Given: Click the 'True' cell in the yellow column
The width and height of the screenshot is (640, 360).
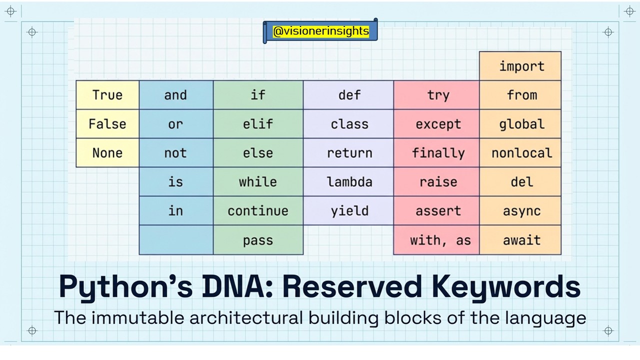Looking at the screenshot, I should pyautogui.click(x=107, y=95).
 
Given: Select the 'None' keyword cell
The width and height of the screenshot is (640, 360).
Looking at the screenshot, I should pyautogui.click(x=107, y=153).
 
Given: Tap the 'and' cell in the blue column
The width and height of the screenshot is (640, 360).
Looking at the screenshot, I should pyautogui.click(x=175, y=95).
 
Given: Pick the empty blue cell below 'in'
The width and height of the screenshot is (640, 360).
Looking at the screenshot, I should pyautogui.click(x=175, y=240).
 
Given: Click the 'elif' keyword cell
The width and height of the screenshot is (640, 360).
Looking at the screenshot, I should pyautogui.click(x=258, y=124).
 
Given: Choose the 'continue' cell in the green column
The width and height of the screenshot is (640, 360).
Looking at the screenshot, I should pyautogui.click(x=258, y=211).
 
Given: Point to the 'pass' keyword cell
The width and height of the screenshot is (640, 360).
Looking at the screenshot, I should pyautogui.click(x=258, y=240).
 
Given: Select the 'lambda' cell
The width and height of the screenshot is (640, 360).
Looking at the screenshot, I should pyautogui.click(x=349, y=182).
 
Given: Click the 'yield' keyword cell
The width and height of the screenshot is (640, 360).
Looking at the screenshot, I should pyautogui.click(x=349, y=211).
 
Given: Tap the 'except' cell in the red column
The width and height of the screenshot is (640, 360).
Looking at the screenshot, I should pyautogui.click(x=438, y=124).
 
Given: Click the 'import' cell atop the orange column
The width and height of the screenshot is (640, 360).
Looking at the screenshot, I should pyautogui.click(x=521, y=66).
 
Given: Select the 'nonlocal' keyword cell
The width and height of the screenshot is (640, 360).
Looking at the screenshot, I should pyautogui.click(x=521, y=153).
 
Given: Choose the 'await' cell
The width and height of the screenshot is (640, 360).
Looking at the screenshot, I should pyautogui.click(x=521, y=240).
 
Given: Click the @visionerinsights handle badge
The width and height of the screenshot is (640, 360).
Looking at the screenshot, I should pyautogui.click(x=320, y=31).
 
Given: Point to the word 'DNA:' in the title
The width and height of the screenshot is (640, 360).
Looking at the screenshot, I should pyautogui.click(x=228, y=286).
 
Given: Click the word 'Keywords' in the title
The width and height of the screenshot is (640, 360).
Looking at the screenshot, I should pyautogui.click(x=506, y=286).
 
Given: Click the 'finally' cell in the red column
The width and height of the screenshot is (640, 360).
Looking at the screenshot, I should pyautogui.click(x=438, y=153).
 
